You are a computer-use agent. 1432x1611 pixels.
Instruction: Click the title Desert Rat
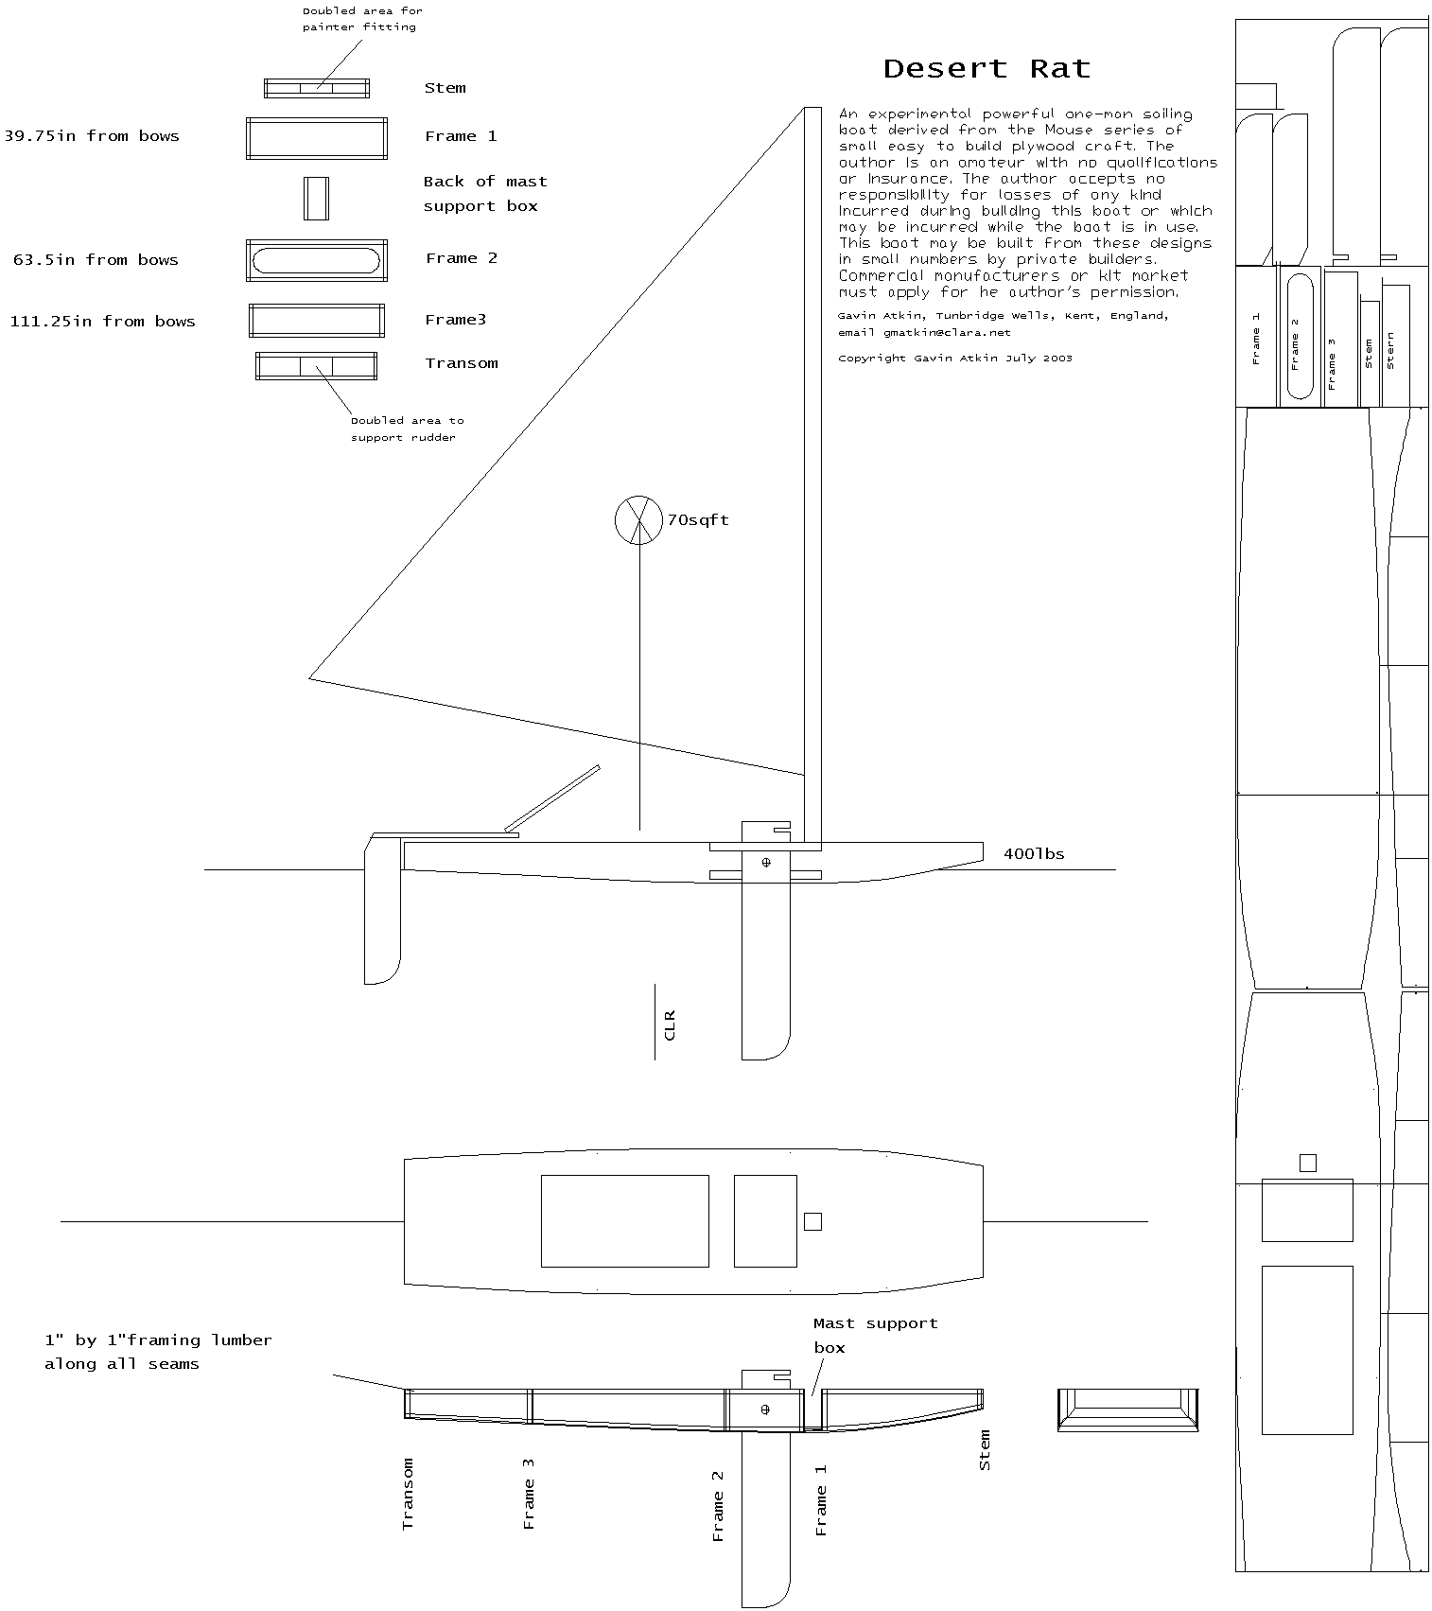(987, 69)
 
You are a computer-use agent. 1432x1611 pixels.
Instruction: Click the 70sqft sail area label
(698, 520)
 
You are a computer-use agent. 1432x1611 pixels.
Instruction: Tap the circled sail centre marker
(638, 519)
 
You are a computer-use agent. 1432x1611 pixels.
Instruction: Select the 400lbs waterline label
(1034, 854)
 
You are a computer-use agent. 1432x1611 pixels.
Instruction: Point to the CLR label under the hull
(670, 1025)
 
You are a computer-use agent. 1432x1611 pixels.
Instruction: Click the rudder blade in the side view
(382, 911)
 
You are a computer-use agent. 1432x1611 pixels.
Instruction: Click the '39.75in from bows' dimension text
(92, 136)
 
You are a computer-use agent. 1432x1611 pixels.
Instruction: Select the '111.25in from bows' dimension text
(102, 322)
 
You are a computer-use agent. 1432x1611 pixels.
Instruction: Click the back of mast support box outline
(306, 199)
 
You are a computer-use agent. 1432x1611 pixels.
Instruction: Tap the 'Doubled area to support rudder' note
(407, 429)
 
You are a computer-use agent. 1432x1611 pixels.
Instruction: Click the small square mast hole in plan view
(812, 1221)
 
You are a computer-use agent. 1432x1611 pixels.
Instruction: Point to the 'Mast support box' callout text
(875, 1335)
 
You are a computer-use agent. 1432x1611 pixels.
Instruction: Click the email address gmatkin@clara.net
(947, 333)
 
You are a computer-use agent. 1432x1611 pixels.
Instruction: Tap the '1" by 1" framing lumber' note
(158, 1352)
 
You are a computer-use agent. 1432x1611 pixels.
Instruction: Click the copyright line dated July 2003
(955, 359)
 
